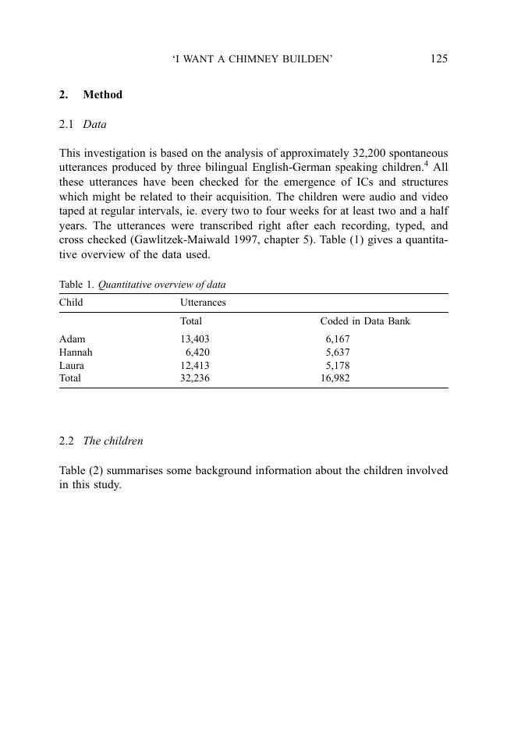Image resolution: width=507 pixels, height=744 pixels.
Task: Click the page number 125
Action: pos(438,58)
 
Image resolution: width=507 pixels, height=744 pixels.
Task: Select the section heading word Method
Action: pos(102,94)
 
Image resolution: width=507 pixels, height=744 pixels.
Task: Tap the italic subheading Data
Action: pos(94,124)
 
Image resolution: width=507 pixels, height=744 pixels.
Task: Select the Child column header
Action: pos(71,302)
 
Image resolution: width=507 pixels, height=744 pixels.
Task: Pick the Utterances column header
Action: pos(203,302)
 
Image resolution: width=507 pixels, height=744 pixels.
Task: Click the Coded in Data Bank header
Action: pos(364,321)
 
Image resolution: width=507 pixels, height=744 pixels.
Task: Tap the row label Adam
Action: pos(73,339)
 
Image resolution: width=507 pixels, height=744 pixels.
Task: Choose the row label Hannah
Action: pos(76,352)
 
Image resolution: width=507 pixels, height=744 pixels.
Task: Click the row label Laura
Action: pos(72,365)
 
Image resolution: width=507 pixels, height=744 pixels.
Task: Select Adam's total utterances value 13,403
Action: pos(195,339)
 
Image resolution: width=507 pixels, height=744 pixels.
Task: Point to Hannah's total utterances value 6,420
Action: pos(197,352)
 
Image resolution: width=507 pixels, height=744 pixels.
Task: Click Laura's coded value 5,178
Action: pos(338,365)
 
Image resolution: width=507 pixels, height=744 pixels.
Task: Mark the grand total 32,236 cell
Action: pos(195,377)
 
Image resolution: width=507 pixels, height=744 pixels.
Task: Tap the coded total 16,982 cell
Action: pos(335,377)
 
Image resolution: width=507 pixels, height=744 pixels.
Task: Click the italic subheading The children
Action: pos(113,441)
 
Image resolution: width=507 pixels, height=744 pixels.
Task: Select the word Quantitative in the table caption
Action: pos(125,285)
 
